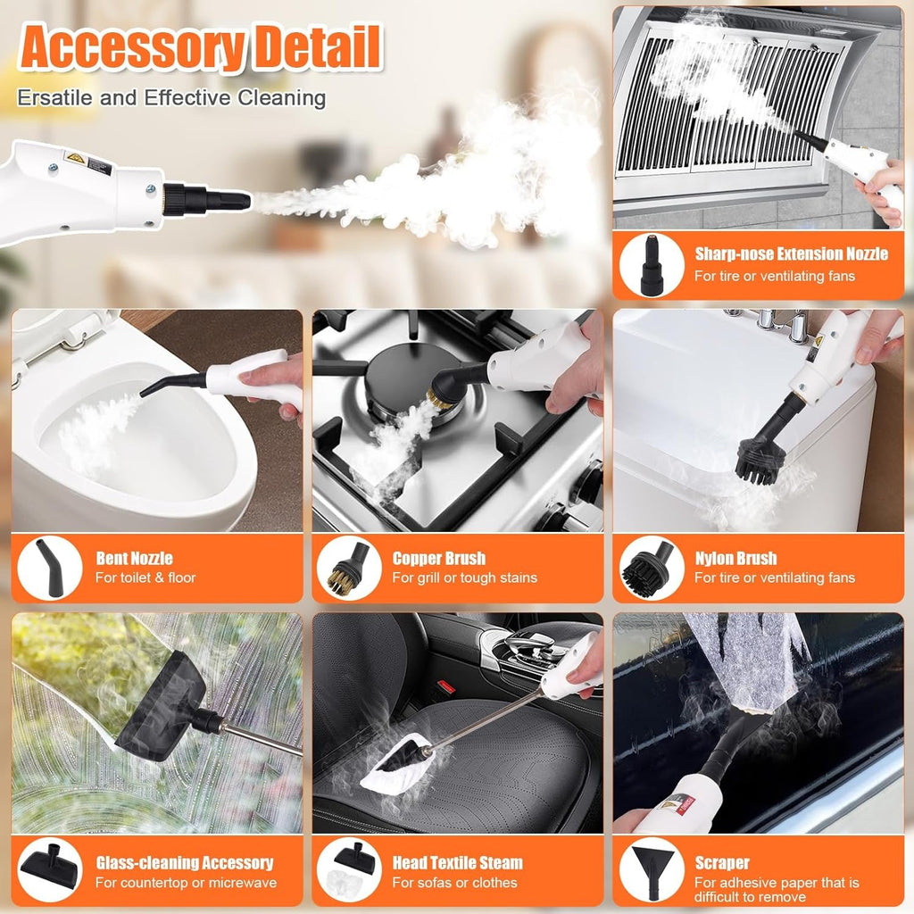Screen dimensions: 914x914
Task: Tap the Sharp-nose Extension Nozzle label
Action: (791, 253)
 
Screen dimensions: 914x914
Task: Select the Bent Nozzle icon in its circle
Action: (50, 567)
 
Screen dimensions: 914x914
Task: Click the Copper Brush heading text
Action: (438, 558)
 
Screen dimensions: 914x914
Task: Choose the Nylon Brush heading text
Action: (735, 558)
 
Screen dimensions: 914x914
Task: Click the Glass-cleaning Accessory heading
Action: (185, 862)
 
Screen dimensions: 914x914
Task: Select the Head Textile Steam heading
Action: (458, 862)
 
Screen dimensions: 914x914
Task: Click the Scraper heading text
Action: (721, 862)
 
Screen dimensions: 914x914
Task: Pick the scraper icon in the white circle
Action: (651, 869)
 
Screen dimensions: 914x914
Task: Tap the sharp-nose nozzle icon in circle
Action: (651, 264)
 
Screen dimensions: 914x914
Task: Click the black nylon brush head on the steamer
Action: (759, 461)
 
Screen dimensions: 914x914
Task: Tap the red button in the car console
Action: (446, 686)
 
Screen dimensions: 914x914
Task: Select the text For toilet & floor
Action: (145, 577)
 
